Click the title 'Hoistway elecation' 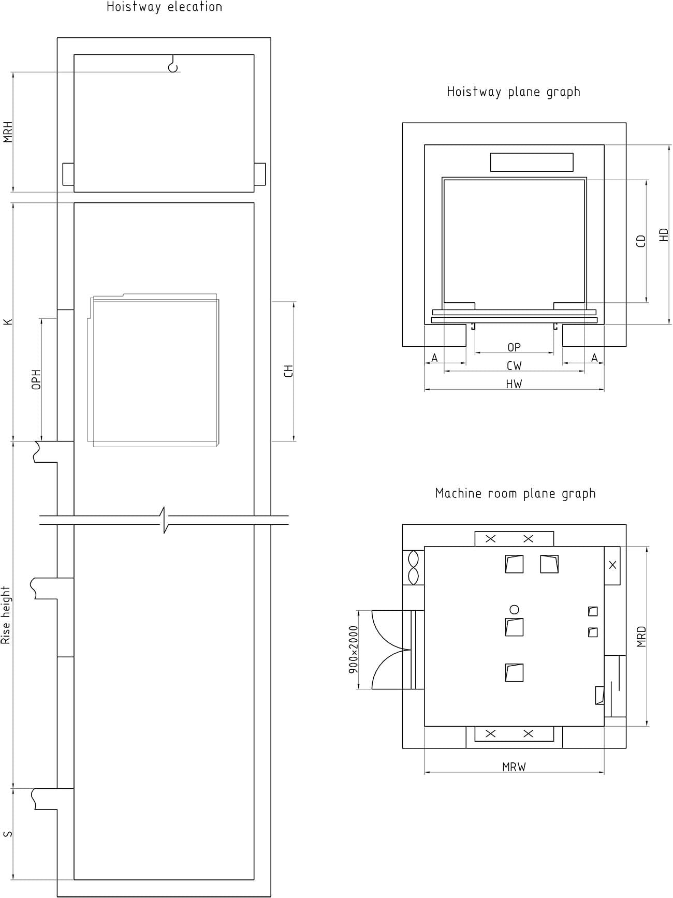tap(165, 7)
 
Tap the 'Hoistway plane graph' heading tap(514, 92)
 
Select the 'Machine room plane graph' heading tap(515, 494)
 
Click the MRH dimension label tap(8, 132)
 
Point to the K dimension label tap(8, 322)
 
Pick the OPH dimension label tap(36, 379)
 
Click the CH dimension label tap(289, 371)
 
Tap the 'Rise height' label tap(6, 615)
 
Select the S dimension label tap(8, 834)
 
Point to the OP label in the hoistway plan tap(514, 347)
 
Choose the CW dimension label tap(514, 366)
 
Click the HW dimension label tap(514, 384)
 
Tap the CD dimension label tap(641, 241)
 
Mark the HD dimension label tap(664, 235)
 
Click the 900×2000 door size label tap(354, 649)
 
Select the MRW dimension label tap(514, 767)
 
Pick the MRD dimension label tap(641, 637)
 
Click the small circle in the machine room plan tap(514, 609)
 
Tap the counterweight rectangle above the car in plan tap(532, 162)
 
